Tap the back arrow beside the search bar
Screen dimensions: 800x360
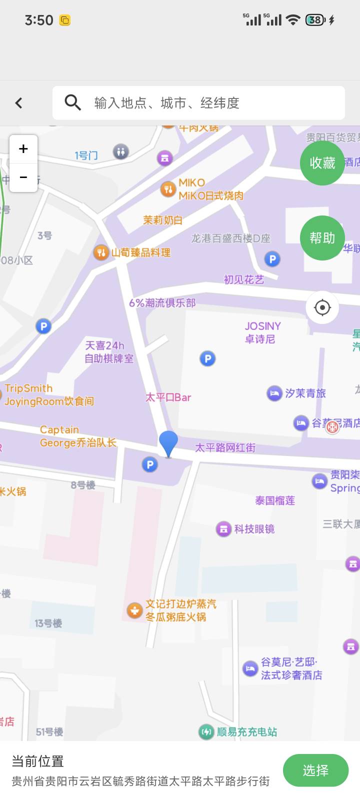coord(19,103)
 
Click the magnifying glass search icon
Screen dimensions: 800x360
coord(73,103)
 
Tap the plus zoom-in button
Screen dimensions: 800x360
coord(23,149)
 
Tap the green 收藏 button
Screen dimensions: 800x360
coord(322,163)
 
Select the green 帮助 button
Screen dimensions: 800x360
coord(322,238)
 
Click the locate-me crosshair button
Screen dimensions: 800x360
coord(322,307)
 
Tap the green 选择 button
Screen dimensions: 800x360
coord(315,770)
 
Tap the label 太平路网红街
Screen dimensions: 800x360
coord(225,447)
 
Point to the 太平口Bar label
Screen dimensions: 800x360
coord(168,397)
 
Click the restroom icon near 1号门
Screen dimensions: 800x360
coord(120,151)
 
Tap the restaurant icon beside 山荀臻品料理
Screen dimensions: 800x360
coord(101,252)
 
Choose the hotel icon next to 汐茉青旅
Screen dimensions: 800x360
coord(274,393)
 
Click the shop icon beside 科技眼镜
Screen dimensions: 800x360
coord(223,529)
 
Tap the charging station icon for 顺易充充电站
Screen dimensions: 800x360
coord(206,732)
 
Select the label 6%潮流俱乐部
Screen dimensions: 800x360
coord(162,303)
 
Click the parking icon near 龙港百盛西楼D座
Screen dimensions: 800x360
coord(272,259)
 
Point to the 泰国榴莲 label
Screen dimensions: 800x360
coord(275,500)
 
